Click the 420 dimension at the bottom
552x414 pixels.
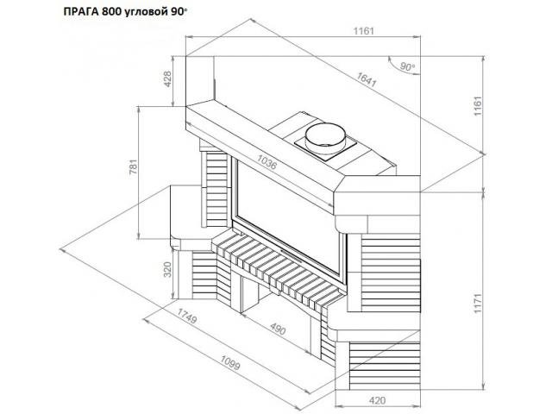coord(376,400)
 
